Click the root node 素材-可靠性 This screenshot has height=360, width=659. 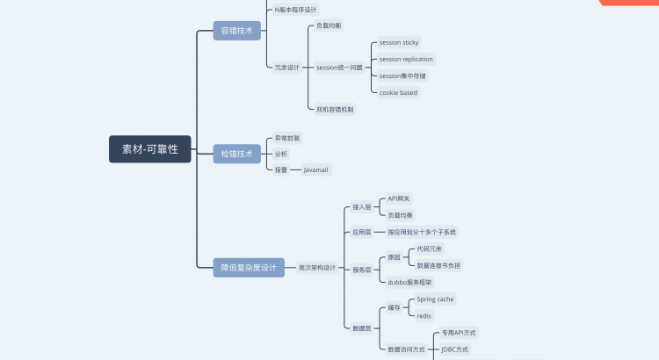(150, 149)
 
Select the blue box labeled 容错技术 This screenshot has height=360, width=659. (236, 31)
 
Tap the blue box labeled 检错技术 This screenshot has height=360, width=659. (236, 154)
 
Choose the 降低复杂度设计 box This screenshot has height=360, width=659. (250, 267)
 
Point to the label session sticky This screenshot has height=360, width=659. (399, 42)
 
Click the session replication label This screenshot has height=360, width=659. (406, 59)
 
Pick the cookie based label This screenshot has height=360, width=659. (398, 92)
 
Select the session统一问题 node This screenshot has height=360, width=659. (339, 67)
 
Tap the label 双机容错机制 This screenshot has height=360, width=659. (335, 109)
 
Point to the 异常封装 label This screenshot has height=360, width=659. (287, 138)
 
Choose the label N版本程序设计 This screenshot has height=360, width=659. (295, 9)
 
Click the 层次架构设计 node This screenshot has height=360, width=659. (317, 267)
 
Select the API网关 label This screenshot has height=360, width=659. (399, 198)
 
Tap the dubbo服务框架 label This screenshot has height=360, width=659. (409, 282)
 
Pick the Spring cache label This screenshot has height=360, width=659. (435, 299)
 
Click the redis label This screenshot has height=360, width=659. (424, 315)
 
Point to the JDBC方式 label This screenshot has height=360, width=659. (455, 349)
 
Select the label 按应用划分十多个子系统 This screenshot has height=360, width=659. (422, 232)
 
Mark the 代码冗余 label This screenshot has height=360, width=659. (431, 248)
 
